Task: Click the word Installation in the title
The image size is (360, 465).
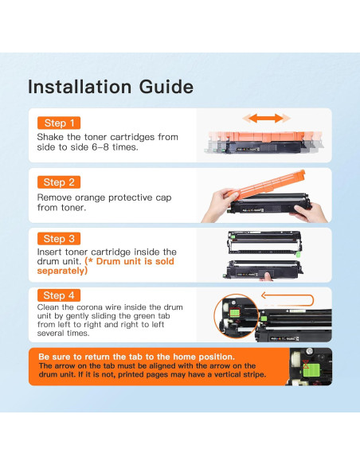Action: click(x=80, y=87)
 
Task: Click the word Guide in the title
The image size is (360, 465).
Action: click(x=166, y=87)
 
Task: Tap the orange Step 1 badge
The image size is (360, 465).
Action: click(x=59, y=123)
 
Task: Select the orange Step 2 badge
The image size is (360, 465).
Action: click(x=59, y=182)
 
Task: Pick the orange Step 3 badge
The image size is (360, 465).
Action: click(x=59, y=239)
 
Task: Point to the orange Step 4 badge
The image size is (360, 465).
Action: click(x=59, y=295)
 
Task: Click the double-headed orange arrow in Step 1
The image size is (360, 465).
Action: click(x=266, y=119)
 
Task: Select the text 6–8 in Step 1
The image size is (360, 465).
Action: click(x=100, y=147)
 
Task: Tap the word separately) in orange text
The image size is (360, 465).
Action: click(x=62, y=271)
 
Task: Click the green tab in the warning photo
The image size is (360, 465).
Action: click(x=311, y=370)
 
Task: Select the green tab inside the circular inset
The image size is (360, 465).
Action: click(x=235, y=313)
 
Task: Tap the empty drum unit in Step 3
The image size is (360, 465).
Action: click(x=264, y=243)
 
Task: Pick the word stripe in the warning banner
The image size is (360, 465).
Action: click(x=254, y=375)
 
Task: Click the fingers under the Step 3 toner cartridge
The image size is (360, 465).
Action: click(x=267, y=277)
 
